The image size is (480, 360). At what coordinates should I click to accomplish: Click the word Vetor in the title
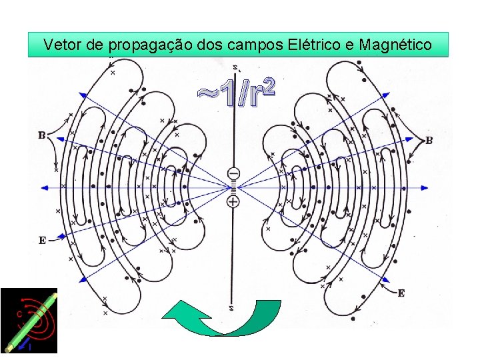61,45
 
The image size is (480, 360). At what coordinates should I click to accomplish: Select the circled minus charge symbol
233,174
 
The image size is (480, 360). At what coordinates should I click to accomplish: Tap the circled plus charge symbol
233,201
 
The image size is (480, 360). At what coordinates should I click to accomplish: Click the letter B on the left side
42,136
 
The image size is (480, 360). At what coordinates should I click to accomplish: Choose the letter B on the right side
429,141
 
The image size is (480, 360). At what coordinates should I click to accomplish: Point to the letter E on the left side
42,240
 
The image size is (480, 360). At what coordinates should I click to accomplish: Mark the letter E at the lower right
401,293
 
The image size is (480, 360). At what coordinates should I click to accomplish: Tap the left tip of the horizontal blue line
43,187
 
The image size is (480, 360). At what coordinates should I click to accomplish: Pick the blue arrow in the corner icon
27,345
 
